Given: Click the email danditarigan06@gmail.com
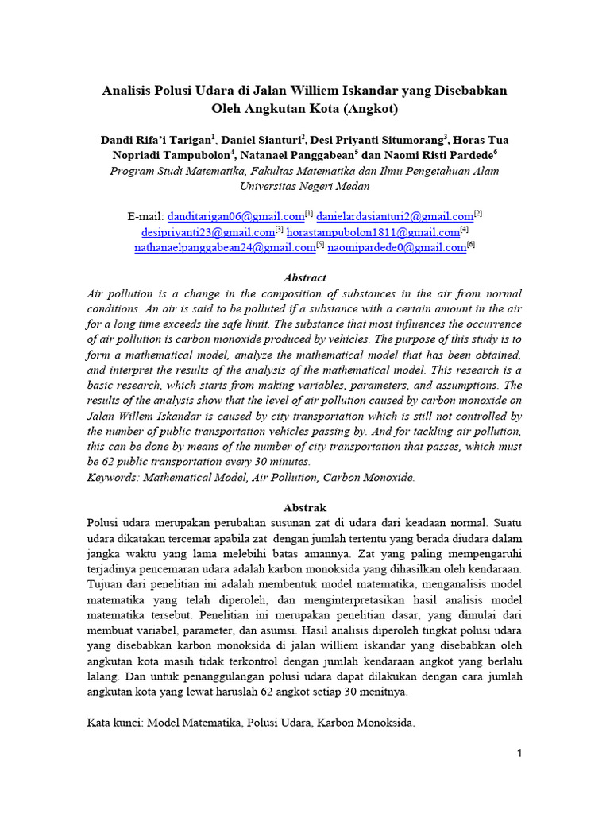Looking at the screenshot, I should (x=236, y=216).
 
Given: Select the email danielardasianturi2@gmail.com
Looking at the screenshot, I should (x=395, y=216).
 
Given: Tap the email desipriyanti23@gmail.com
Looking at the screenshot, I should (x=207, y=232).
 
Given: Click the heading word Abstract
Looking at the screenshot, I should (x=305, y=278).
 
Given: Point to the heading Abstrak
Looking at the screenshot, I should (x=305, y=507).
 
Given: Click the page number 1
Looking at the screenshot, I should (x=519, y=754).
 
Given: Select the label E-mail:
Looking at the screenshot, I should (x=145, y=216).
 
